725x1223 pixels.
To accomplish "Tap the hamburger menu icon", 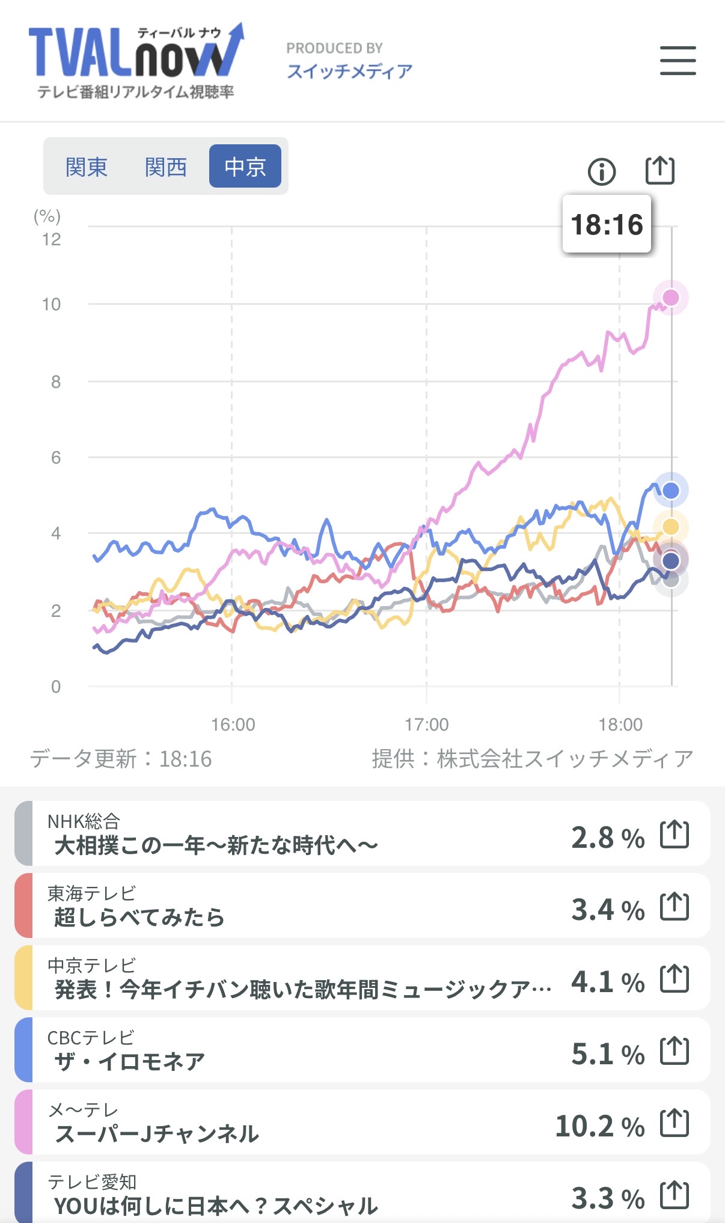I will [678, 61].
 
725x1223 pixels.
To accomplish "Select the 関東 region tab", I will [87, 167].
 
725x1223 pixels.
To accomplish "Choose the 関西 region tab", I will [166, 167].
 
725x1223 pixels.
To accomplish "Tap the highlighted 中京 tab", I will [245, 167].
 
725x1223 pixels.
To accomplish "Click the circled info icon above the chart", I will [601, 172].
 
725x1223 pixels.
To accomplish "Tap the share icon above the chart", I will [659, 171].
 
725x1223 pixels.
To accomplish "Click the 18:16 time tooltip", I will [607, 224].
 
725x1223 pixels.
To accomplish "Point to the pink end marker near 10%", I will [670, 298].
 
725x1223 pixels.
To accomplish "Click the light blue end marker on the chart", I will [670, 491].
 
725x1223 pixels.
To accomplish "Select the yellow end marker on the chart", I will [670, 527].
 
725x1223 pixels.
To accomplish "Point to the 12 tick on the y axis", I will [52, 239].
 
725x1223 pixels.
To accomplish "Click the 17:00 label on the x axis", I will [426, 725].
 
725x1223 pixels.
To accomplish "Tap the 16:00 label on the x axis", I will [233, 725].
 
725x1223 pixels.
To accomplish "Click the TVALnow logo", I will [136, 61].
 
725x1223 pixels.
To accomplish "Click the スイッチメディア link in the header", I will [349, 72].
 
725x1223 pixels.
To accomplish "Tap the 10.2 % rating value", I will [599, 1126].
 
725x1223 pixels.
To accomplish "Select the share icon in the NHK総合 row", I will [674, 834].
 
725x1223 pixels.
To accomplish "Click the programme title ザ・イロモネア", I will [130, 1062].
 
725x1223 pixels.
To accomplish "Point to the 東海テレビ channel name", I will [91, 893].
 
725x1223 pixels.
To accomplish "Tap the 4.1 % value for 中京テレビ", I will [607, 982].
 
